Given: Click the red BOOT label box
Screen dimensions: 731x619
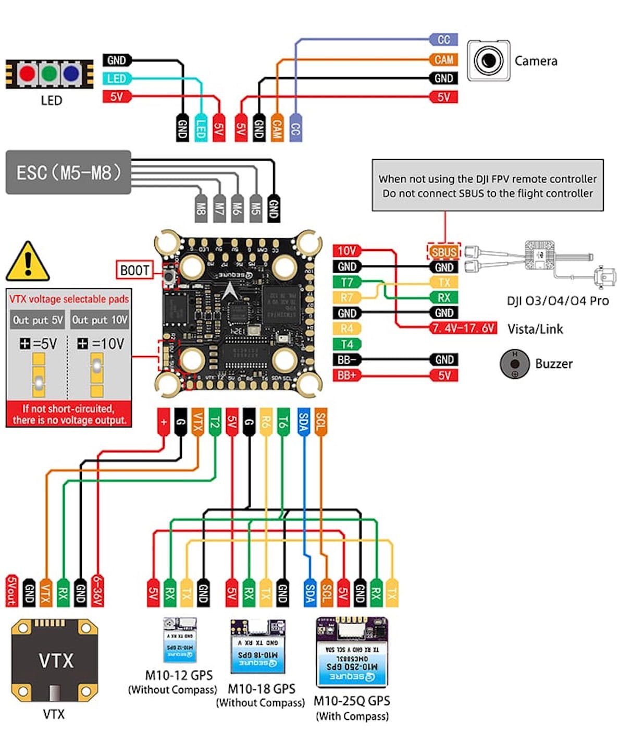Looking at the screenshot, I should coord(134,270).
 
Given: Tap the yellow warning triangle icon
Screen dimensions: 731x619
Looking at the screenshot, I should coord(28,262).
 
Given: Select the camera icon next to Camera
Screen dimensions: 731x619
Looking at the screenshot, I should coord(488,60).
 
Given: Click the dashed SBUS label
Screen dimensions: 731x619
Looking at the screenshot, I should coord(444,252).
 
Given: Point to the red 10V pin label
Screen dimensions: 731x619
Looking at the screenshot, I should coord(346,251).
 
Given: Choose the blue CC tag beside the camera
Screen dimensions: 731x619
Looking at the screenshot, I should coord(443,40).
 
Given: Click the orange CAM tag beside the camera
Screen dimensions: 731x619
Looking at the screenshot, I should coord(443,59).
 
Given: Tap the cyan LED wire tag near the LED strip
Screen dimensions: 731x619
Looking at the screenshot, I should coord(117,79).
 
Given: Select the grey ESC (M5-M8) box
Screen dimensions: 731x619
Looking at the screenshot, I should coord(68,173).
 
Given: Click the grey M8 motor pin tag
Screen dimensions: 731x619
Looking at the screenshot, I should coord(201,209).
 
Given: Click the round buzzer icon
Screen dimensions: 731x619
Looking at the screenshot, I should coord(514,363).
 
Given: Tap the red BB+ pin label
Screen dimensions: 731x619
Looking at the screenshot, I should coord(346,375).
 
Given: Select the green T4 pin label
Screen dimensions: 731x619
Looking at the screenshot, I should coord(346,344).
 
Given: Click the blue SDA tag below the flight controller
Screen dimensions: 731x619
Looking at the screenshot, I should coord(303,422).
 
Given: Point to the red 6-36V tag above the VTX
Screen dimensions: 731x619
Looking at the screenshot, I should coord(97,591).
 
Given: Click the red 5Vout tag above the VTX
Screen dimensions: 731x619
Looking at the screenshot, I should coord(12,591).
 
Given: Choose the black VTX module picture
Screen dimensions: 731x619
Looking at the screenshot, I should coord(54,660).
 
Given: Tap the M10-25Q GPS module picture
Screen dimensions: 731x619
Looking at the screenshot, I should coord(352,652).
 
